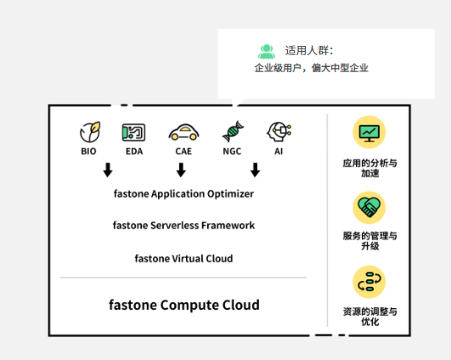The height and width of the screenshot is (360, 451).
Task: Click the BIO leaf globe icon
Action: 90,132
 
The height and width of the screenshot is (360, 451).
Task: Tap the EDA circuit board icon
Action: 133,132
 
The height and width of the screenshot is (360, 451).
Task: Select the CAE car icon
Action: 183,132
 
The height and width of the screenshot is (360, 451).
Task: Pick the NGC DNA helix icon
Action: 233,132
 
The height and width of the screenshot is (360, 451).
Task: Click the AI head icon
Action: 279,132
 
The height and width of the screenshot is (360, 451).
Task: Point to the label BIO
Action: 88,151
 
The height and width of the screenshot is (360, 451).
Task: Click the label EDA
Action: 134,151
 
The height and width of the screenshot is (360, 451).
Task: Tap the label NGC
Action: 232,151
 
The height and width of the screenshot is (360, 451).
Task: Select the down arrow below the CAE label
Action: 181,170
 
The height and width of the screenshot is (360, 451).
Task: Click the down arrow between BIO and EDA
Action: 108,170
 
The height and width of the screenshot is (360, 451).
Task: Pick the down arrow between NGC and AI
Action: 255,170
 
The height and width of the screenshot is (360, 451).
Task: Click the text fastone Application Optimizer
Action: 183,194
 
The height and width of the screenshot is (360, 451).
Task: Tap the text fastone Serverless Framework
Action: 183,226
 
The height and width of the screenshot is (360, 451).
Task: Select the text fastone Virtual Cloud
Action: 183,258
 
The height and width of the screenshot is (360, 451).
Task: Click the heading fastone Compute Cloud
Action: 184,305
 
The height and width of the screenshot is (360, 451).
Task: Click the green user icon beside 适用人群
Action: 267,52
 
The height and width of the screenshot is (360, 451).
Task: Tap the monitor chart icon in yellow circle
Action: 369,132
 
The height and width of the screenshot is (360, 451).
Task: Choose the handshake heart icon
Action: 369,208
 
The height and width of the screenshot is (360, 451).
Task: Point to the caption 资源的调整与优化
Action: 370,317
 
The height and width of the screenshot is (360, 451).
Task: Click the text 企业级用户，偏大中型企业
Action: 311,68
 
